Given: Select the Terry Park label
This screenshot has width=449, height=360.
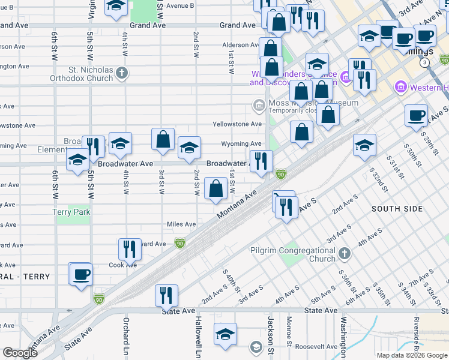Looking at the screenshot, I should (71, 212).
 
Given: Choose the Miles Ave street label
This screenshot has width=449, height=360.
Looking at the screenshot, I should (181, 224).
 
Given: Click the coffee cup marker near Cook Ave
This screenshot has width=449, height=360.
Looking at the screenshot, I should (80, 275).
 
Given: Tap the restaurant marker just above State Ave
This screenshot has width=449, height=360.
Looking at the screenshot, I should (166, 295).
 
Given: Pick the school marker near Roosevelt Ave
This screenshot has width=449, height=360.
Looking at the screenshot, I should (226, 334).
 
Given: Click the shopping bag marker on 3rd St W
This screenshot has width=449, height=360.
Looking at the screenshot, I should (163, 140).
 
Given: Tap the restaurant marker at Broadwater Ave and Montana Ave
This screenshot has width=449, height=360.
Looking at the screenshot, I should (261, 161).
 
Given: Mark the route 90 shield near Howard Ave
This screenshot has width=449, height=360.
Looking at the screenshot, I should (179, 242).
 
